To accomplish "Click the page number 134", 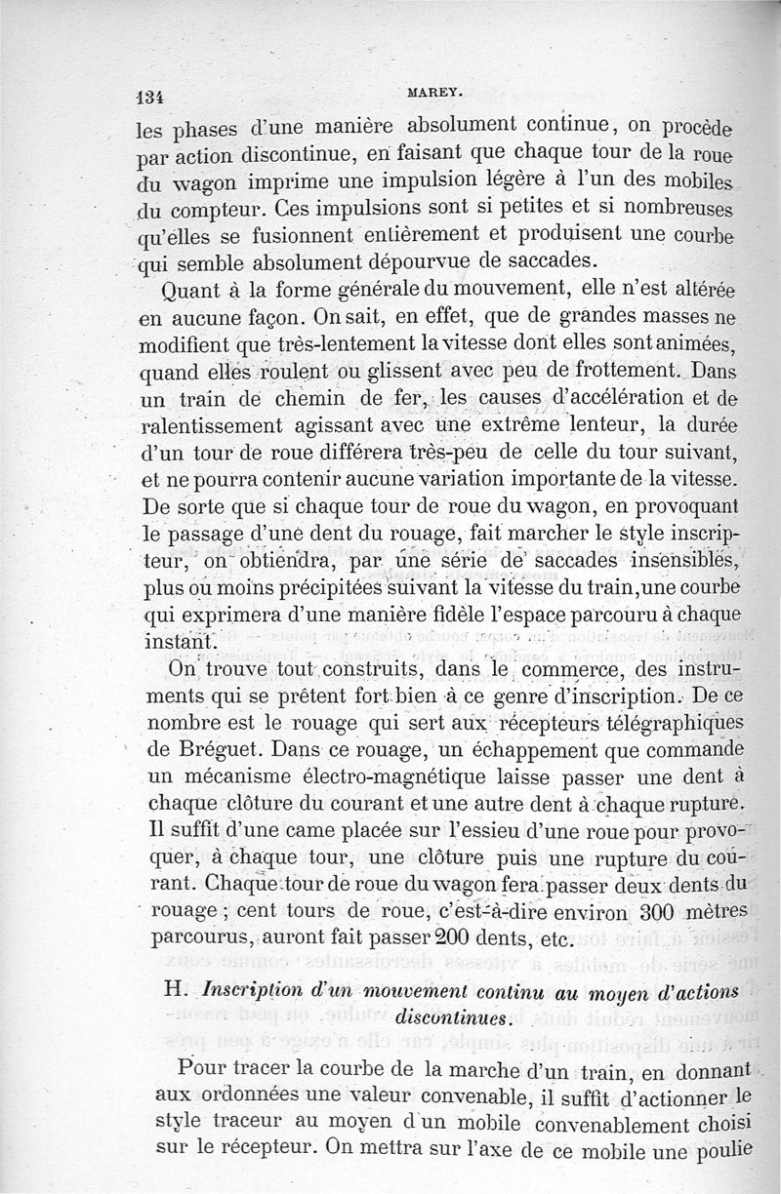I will click(147, 97).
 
